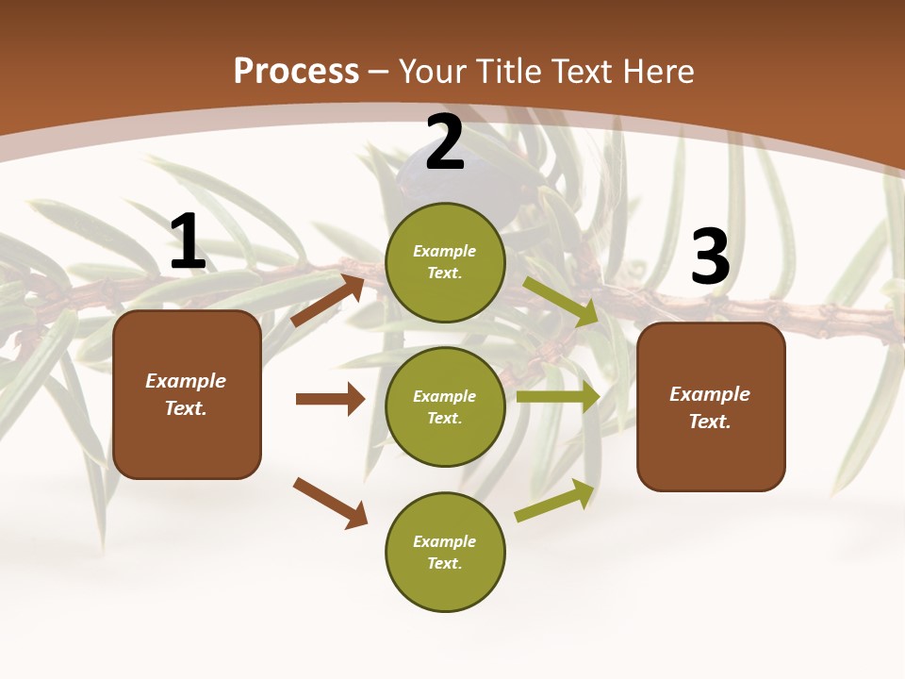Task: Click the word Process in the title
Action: click(x=296, y=71)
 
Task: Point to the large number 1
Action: click(x=188, y=242)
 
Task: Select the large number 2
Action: click(x=445, y=143)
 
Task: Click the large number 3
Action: click(x=710, y=257)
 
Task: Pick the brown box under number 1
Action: click(x=187, y=394)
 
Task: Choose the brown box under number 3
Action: click(x=711, y=407)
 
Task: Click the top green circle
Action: click(x=445, y=262)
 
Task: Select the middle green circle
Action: click(x=445, y=406)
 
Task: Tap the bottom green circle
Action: click(x=445, y=552)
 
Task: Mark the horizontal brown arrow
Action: click(x=330, y=399)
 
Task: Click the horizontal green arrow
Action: click(x=558, y=397)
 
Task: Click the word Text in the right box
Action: click(x=710, y=422)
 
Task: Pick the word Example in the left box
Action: click(x=186, y=381)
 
